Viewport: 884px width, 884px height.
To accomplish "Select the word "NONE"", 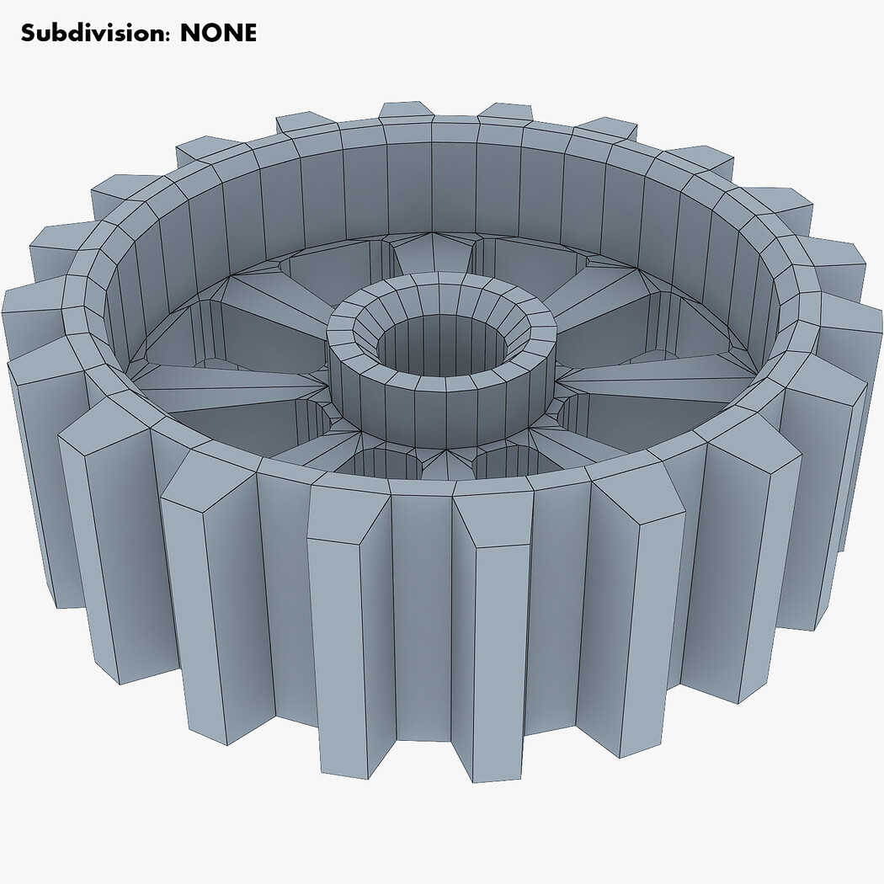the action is [218, 33].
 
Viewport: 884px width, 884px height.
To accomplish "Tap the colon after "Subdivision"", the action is [168, 36].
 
